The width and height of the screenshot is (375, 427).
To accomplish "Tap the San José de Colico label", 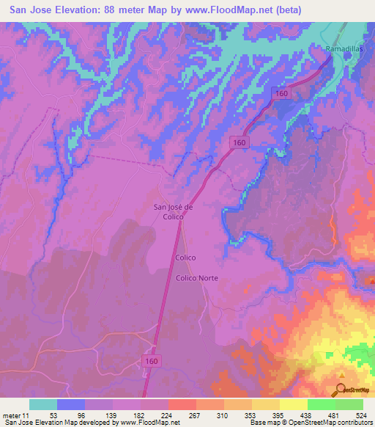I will point(173,211).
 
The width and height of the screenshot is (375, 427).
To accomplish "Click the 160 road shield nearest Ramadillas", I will point(282,93).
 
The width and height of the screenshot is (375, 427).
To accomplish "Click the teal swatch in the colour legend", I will point(43,404).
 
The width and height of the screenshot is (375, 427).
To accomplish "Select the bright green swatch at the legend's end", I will point(349,404).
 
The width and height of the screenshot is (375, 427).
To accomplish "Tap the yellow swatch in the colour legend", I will point(294,404).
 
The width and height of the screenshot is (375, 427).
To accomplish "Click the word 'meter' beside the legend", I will point(11,415).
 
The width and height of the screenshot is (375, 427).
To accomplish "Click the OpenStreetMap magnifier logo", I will point(342,390).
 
